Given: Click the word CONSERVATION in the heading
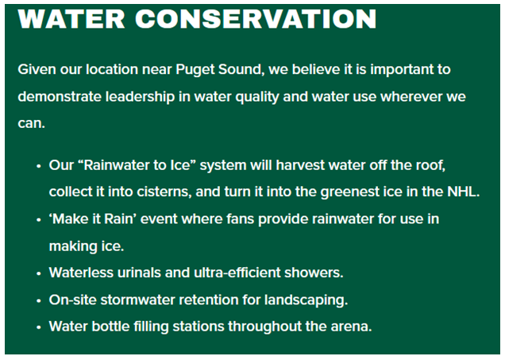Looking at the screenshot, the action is point(256,19).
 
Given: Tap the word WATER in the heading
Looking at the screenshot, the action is point(71,19).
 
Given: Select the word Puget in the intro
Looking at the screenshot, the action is point(195,70).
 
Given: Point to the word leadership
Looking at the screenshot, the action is point(140,97).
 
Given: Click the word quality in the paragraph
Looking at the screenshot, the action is point(257,97).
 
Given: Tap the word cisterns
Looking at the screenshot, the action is point(164,192).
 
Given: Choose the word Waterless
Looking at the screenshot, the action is point(81,273).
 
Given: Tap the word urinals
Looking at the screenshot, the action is point(139,273).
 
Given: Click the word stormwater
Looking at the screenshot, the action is point(138,300).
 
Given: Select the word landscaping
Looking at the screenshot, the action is point(306,300).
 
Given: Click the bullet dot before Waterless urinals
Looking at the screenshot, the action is point(39,273).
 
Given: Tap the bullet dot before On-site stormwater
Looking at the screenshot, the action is point(39,300).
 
